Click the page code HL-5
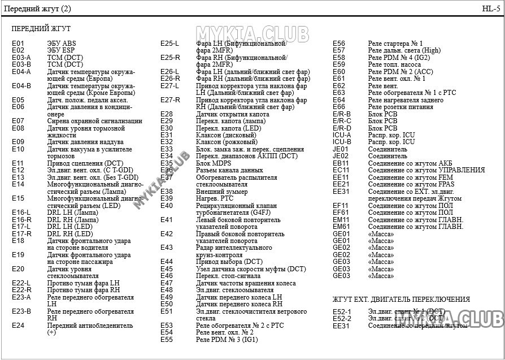point(490,8)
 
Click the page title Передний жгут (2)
point(38,8)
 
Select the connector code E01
point(18,44)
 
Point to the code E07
point(18,121)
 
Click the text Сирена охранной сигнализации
point(94,121)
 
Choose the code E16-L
point(21,212)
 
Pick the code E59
point(339,64)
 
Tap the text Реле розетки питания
point(401,107)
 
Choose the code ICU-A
point(342,135)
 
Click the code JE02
point(341,156)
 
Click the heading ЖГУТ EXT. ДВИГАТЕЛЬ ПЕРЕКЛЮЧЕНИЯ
point(401,299)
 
